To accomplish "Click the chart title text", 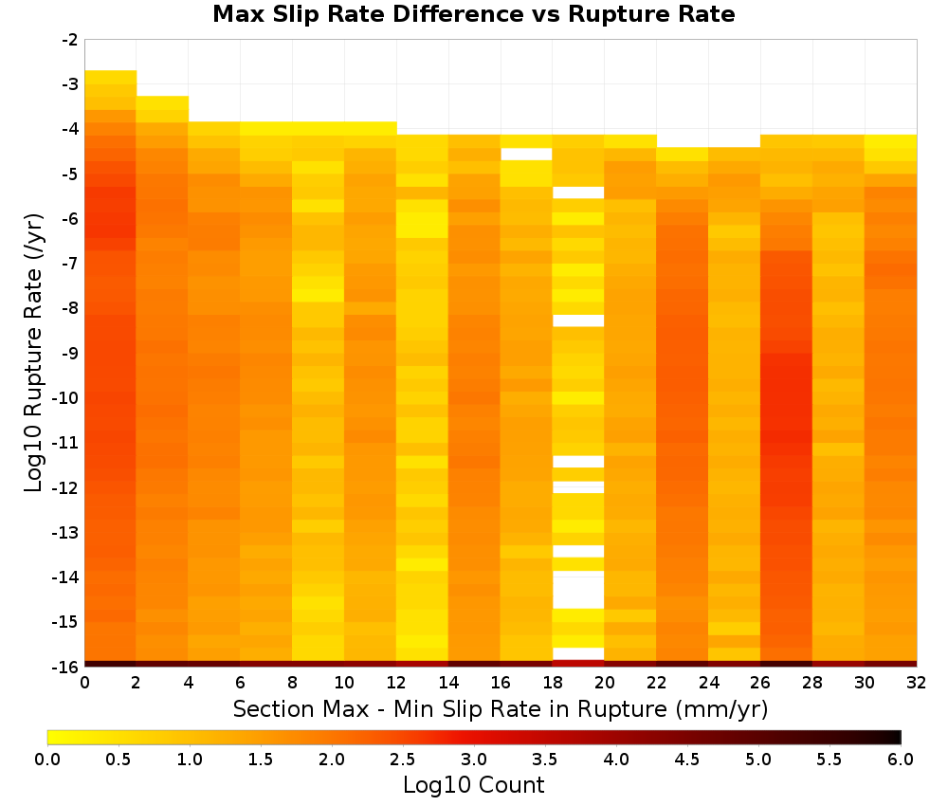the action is (473, 14).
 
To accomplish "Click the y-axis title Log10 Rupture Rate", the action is (33, 353).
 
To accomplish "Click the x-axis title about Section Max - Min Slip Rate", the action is (500, 708).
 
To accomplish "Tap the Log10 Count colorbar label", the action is (473, 785).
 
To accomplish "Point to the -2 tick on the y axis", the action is (70, 40).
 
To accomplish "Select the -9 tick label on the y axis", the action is (70, 353).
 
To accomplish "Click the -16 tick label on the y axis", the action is (66, 667).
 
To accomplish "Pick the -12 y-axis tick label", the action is (66, 487).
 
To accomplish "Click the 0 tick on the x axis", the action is (84, 683).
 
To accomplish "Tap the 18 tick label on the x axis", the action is (553, 683).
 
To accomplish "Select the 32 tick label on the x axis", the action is (917, 683).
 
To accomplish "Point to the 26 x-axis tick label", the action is (760, 683).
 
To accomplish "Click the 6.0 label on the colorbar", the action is (901, 759).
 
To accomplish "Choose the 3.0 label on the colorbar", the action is (474, 759).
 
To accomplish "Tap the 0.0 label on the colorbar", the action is (47, 759).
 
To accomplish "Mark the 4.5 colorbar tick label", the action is (687, 759).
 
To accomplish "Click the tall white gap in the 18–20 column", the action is (578, 590).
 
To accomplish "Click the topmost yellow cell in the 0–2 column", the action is (111, 77).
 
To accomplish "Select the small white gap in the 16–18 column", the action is (526, 155).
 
